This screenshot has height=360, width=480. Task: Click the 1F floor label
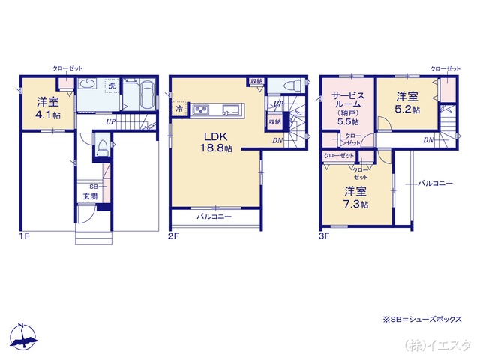coord(23,236)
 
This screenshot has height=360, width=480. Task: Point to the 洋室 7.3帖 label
coord(355,196)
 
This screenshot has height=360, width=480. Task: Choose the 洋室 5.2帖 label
coord(407,102)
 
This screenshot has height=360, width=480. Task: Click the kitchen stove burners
coord(203,111)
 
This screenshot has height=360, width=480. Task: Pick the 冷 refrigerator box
coord(179,109)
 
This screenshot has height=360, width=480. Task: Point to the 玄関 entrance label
coord(91,196)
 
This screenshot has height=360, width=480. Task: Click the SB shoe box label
coord(93,185)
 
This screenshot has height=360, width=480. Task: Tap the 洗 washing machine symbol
coord(112,85)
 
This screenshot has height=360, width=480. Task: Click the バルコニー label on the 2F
coord(214,217)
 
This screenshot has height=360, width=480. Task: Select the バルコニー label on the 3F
coord(436,182)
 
